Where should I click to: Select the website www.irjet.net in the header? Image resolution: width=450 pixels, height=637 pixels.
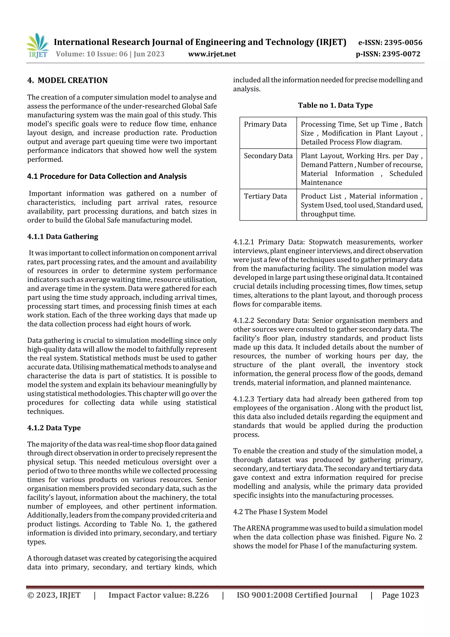click(x=212, y=54)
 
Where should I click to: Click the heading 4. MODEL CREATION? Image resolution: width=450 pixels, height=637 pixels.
click(x=67, y=80)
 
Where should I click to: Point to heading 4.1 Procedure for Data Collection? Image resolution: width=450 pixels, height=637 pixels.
click(x=107, y=176)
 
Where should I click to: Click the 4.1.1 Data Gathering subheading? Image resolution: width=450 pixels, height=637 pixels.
click(x=63, y=237)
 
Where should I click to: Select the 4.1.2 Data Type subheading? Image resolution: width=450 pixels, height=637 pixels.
click(x=54, y=428)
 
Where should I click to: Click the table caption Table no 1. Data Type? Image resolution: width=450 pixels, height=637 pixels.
click(x=335, y=105)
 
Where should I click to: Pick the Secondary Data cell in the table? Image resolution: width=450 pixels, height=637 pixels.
click(x=268, y=156)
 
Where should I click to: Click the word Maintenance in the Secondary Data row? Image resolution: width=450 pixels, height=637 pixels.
click(x=321, y=183)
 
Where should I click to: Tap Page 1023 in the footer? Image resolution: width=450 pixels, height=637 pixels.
click(x=400, y=595)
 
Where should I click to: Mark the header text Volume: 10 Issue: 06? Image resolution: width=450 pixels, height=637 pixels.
click(x=91, y=54)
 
